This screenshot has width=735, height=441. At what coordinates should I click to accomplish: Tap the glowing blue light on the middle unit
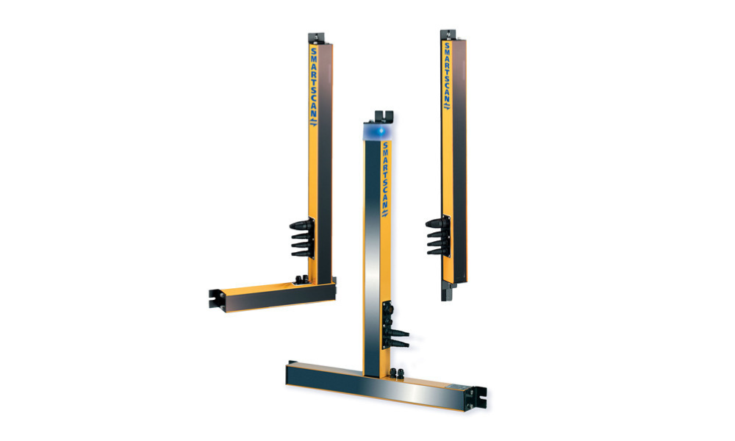click(378, 130)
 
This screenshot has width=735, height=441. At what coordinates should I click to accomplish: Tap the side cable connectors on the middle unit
click(397, 334)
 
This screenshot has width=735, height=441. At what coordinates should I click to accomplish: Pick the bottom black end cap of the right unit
click(446, 292)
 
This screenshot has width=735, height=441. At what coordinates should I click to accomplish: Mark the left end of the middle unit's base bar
click(292, 373)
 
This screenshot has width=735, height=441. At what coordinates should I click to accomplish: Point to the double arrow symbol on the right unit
click(445, 107)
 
